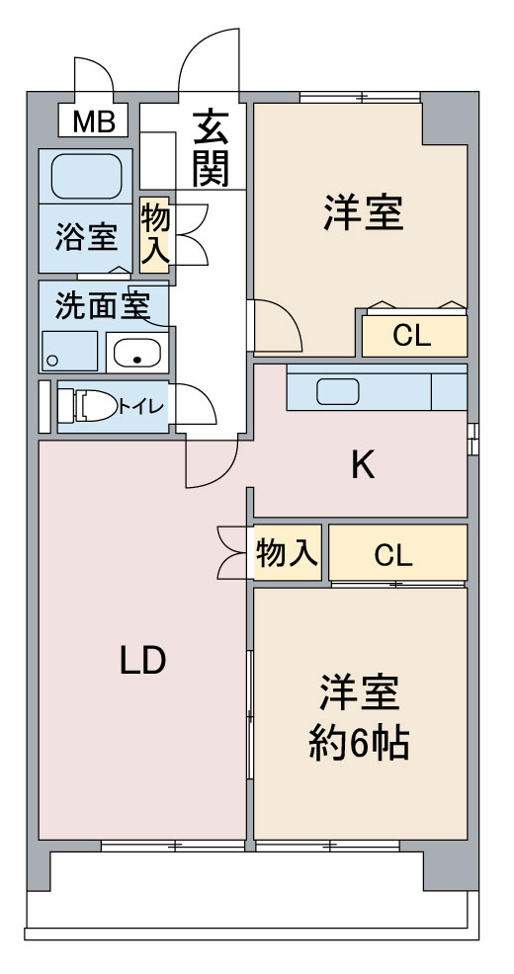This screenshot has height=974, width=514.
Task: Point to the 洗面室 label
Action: click(x=101, y=306)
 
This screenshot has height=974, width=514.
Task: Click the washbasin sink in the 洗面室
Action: click(x=138, y=351)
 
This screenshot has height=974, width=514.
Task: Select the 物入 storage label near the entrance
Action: click(x=155, y=234)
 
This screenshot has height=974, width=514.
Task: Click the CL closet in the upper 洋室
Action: click(x=412, y=336)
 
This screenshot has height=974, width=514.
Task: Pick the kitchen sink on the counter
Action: click(x=338, y=391)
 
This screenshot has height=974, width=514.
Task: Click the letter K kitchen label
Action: click(x=363, y=465)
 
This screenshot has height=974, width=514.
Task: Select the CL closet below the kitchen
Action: click(x=393, y=555)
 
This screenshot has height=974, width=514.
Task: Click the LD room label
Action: click(x=141, y=661)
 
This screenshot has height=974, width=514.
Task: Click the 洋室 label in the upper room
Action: click(x=363, y=212)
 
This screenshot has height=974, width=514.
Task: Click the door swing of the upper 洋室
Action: click(x=275, y=326)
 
